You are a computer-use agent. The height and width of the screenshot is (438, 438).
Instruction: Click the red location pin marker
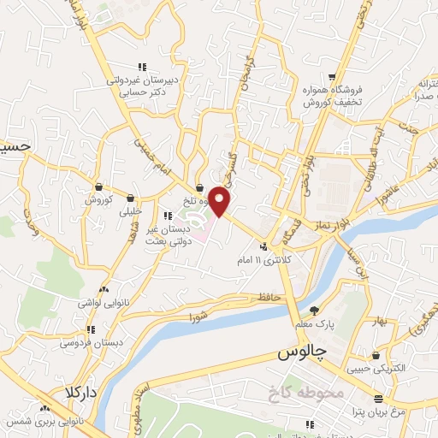coord(220,201)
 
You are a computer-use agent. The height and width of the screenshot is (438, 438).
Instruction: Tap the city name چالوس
coord(303,353)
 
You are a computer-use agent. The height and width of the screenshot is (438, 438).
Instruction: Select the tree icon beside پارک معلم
coord(315,311)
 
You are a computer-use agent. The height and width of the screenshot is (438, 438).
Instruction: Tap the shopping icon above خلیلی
coord(130,198)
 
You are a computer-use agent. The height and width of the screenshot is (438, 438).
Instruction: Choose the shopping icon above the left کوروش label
coord(99,186)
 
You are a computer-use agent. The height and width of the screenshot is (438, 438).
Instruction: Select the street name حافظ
coord(243,299)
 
